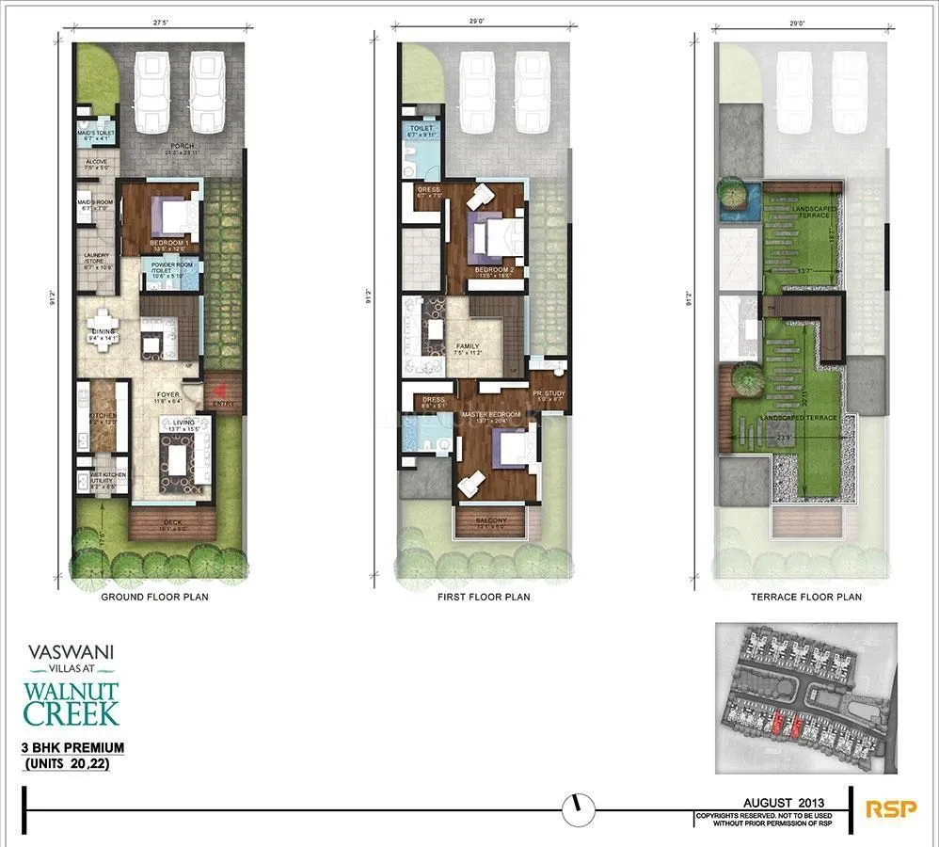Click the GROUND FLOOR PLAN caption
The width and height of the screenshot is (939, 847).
coord(155,597)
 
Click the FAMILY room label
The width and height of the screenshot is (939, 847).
coord(468,347)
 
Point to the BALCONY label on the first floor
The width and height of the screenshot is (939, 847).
coord(490,520)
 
